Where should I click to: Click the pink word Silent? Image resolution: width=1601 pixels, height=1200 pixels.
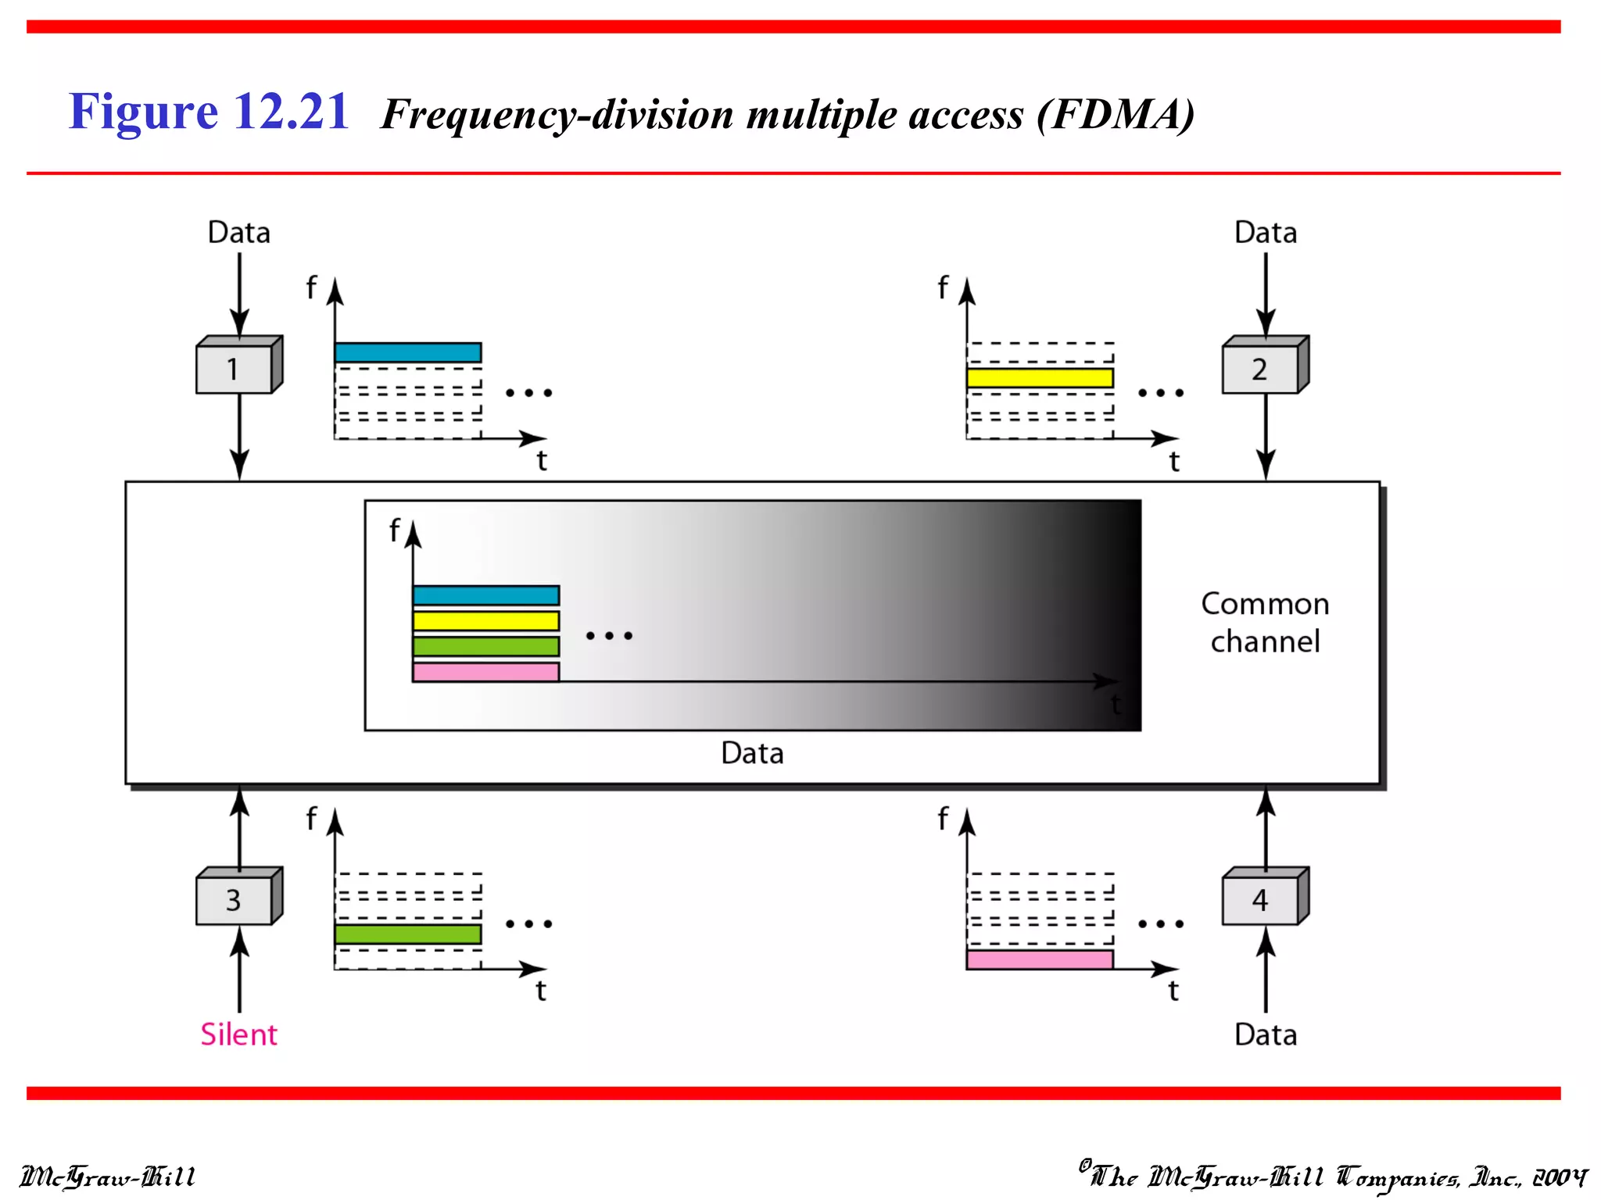(x=238, y=1034)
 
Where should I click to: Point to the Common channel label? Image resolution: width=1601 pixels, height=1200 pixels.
(x=1265, y=623)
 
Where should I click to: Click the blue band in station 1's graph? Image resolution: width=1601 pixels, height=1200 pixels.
(x=407, y=352)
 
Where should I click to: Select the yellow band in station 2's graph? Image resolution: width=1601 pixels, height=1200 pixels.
(x=1040, y=378)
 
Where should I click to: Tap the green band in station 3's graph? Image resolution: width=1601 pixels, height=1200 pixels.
(x=407, y=934)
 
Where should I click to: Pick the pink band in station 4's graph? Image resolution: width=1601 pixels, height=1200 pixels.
(x=1040, y=960)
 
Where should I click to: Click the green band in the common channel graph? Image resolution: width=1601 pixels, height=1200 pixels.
(x=485, y=646)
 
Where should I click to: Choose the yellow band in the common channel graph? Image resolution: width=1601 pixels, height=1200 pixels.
(x=485, y=621)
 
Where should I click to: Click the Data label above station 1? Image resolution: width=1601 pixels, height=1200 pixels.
(x=238, y=233)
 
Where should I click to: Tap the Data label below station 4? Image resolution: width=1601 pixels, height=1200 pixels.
(x=1265, y=1034)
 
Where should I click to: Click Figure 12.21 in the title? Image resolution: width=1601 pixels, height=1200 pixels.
(x=209, y=112)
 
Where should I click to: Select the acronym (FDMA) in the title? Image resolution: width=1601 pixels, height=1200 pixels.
(x=1116, y=115)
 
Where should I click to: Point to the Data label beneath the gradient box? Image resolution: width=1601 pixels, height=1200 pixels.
(x=752, y=753)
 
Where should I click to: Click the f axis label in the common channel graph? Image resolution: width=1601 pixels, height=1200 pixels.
(x=395, y=530)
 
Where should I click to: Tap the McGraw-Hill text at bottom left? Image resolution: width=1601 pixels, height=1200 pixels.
(x=107, y=1177)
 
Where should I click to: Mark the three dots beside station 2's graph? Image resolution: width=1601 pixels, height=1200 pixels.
(x=1161, y=392)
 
